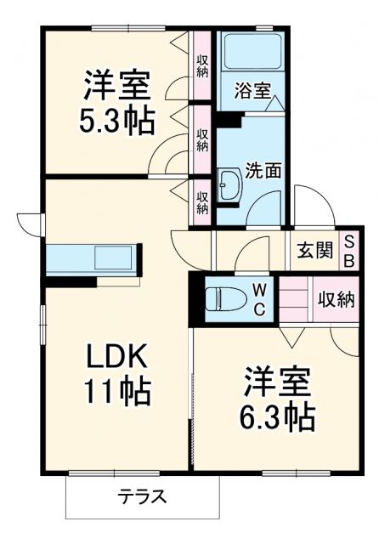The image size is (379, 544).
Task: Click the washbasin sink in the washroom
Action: point(229,185)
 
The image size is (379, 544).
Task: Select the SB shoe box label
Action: point(349,251)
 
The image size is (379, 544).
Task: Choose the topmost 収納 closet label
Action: point(202,65)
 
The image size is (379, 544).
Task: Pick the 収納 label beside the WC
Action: point(337,299)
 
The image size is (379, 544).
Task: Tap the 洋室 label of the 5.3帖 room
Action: point(117,85)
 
